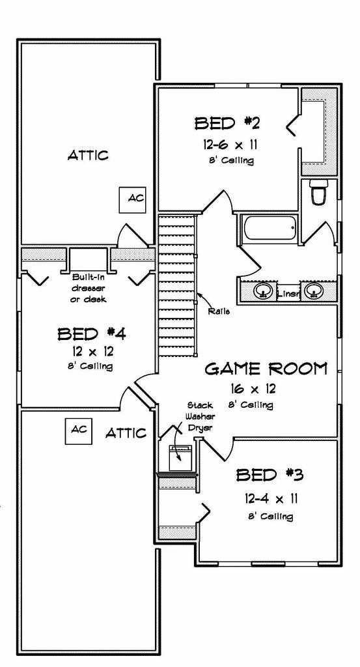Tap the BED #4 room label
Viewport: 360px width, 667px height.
[91, 333]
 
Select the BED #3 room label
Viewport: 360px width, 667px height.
[270, 474]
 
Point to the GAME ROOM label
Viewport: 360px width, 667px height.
[266, 369]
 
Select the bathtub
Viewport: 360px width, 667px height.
[270, 229]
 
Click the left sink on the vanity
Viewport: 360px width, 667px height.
[264, 291]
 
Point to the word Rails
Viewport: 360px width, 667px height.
[219, 311]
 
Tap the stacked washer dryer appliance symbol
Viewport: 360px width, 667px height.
[180, 457]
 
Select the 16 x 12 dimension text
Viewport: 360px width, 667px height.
[254, 388]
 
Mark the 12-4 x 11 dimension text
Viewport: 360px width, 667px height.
[271, 498]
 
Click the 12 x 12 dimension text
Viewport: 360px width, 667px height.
[92, 351]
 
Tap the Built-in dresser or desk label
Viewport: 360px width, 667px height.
[89, 287]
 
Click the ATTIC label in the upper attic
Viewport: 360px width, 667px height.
[88, 155]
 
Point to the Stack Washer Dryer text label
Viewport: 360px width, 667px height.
[201, 416]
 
